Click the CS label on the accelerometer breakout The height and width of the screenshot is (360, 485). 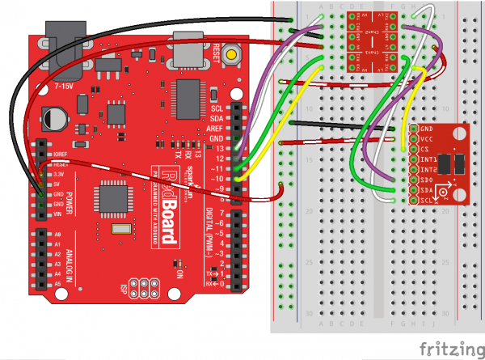[x=424, y=150]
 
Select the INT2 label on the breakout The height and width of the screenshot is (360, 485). [x=428, y=170]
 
